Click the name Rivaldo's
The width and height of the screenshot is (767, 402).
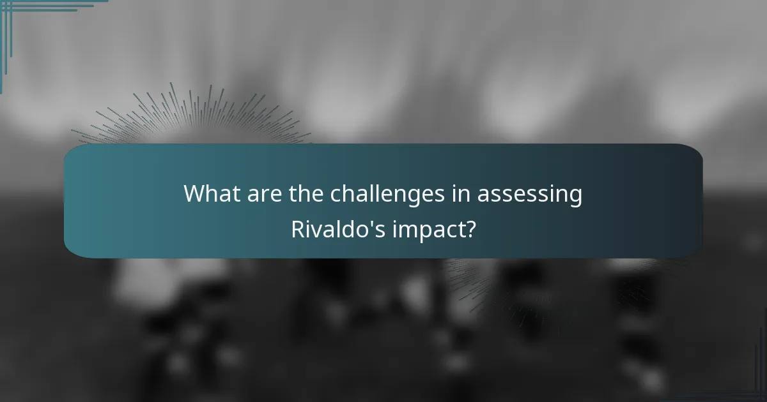pyautogui.click(x=337, y=229)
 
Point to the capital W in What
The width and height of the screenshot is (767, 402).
pyautogui.click(x=194, y=194)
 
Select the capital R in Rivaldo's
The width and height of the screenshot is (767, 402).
pyautogui.click(x=297, y=229)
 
